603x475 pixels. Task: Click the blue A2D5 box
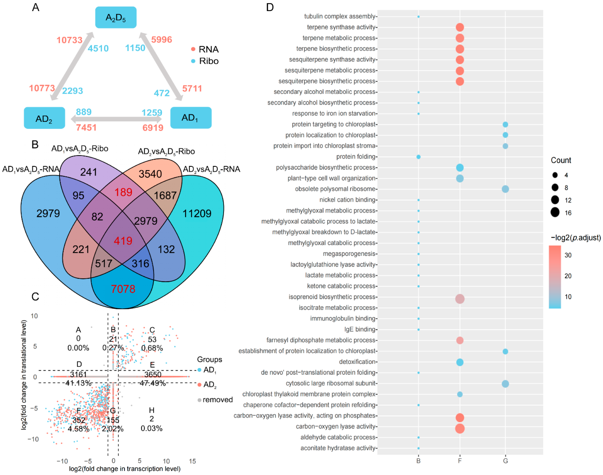[116, 17]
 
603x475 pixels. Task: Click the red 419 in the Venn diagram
[123, 241]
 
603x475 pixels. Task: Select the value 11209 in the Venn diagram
[197, 214]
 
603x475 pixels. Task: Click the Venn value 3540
[150, 174]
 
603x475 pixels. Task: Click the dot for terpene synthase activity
[460, 27]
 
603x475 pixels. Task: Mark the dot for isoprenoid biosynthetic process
[460, 299]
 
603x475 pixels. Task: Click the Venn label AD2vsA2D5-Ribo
[166, 152]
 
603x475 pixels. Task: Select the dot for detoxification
[460, 362]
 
